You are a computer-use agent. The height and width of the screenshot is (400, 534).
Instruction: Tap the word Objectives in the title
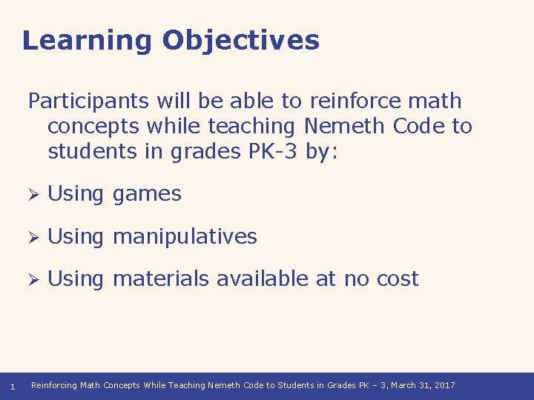[241, 41]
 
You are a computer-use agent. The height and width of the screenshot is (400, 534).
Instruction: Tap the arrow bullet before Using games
[33, 194]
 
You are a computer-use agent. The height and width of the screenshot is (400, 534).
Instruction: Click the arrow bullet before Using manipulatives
[33, 237]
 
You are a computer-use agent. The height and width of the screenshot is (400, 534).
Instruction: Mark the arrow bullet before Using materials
[33, 279]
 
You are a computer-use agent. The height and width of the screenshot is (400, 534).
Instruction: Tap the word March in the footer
[404, 386]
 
